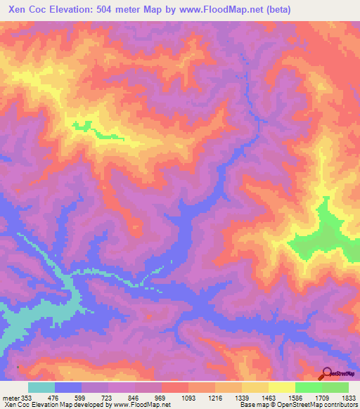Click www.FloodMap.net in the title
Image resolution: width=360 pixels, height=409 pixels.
[x=220, y=9]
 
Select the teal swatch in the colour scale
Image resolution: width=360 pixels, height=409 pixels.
[x=41, y=387]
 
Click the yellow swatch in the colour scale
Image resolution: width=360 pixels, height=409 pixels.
[x=282, y=387]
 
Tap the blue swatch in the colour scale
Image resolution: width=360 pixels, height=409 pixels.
[x=68, y=387]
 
